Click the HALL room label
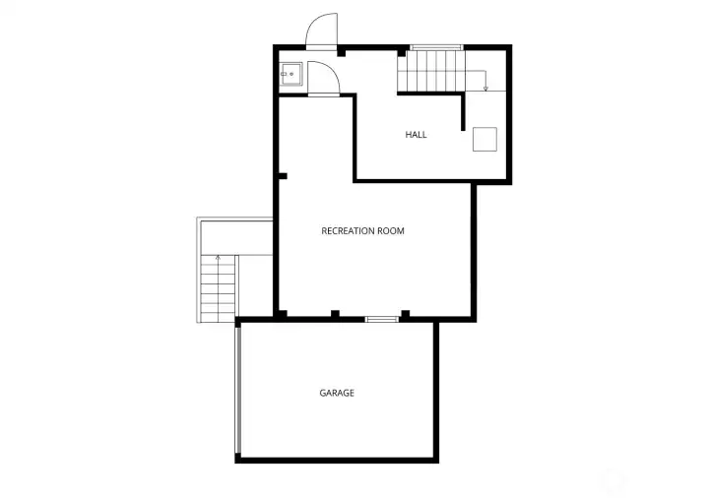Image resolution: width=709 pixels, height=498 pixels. [416, 135]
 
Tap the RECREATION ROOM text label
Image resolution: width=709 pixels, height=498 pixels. [362, 231]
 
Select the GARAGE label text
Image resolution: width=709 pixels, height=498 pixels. [336, 393]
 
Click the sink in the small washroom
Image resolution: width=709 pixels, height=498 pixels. [289, 74]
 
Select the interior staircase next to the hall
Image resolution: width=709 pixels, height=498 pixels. [433, 70]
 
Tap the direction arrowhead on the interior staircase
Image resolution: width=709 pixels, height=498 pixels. [485, 89]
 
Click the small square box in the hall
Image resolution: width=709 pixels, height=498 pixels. [484, 139]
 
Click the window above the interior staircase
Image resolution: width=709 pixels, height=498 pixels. [436, 46]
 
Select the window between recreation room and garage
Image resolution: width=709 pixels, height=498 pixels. [380, 319]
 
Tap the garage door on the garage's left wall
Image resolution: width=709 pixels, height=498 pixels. [237, 390]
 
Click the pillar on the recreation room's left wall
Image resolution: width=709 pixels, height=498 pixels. [283, 177]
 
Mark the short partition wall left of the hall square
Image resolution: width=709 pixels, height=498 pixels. [463, 112]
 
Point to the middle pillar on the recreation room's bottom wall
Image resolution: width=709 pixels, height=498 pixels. [335, 314]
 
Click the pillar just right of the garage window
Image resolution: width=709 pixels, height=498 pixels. [405, 314]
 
